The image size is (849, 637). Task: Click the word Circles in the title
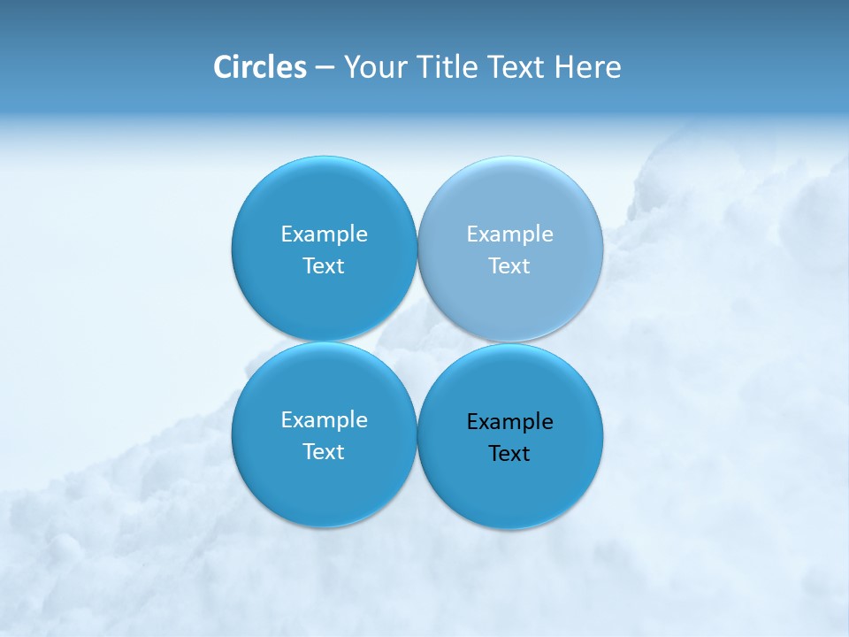point(259,67)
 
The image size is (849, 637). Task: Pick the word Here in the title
point(588,67)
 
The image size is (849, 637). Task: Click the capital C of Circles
point(223,67)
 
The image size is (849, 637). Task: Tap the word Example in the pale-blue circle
point(509,234)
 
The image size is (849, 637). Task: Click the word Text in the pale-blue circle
point(509,265)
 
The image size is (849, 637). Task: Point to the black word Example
point(509,422)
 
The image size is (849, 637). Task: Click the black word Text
point(509,454)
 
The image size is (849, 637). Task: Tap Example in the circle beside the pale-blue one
point(324,234)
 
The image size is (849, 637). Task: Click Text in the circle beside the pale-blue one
point(324,265)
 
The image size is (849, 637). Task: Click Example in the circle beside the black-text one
point(324,420)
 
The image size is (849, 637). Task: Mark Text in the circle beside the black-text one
point(324,452)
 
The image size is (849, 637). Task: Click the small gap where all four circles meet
point(417,342)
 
